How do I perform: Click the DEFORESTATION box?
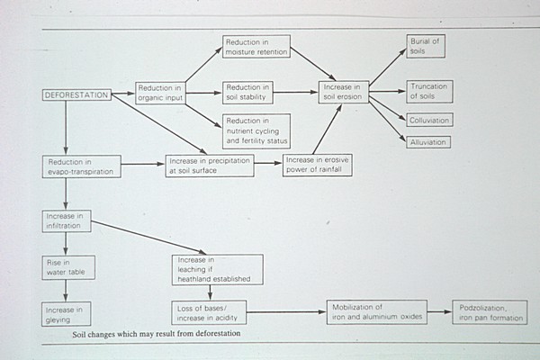(x=76, y=94)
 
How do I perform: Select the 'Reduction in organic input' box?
(x=159, y=93)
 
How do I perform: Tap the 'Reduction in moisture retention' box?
(x=256, y=47)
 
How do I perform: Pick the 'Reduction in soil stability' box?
(x=247, y=93)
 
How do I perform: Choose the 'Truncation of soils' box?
(x=428, y=91)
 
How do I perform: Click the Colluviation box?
(x=428, y=120)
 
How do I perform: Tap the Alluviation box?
(x=427, y=141)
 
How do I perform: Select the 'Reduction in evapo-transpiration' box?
(x=81, y=166)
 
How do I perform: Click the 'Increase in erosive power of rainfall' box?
(x=317, y=165)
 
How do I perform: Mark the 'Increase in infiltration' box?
(x=66, y=221)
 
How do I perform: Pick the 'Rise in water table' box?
(x=66, y=266)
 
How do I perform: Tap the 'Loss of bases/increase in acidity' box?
(x=209, y=313)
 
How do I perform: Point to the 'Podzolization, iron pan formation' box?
(x=490, y=312)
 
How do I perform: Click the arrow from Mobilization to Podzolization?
(x=438, y=312)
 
